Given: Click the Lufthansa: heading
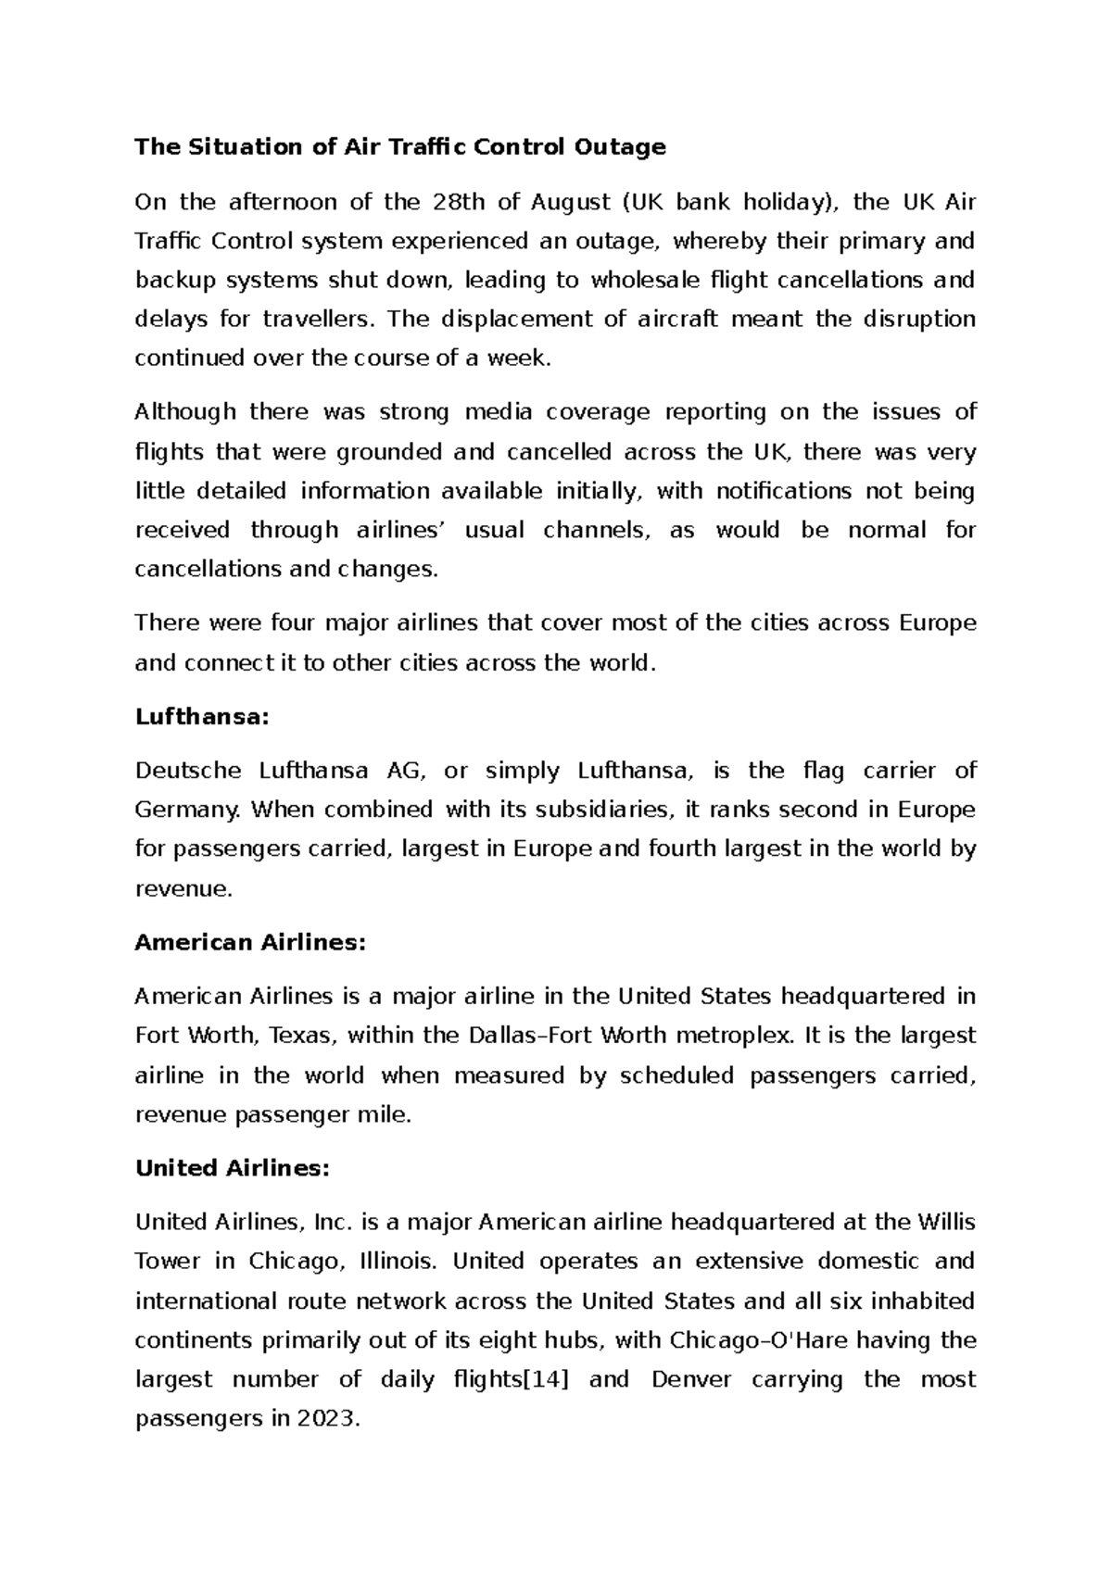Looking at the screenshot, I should click(201, 717).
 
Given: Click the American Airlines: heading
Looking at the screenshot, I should click(250, 943).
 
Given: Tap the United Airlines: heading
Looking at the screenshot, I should click(232, 1169).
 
